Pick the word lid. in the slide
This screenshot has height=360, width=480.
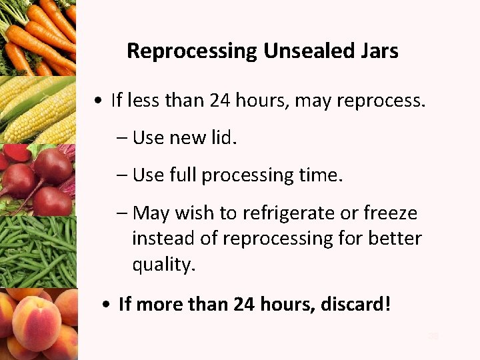(x=224, y=138)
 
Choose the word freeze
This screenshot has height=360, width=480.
(x=391, y=213)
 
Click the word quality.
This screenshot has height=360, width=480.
(x=164, y=265)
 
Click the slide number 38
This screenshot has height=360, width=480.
(x=433, y=337)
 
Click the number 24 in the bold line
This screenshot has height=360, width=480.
(x=244, y=305)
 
